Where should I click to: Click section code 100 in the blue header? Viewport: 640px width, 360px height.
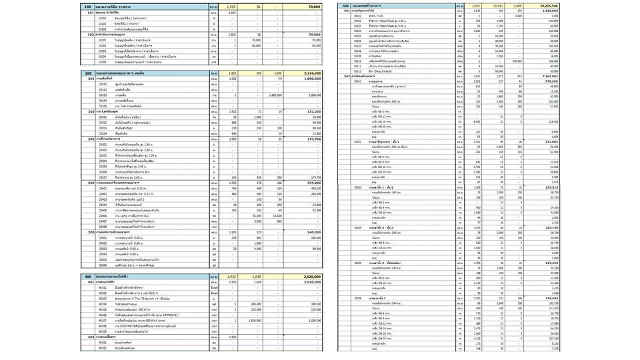[87, 6]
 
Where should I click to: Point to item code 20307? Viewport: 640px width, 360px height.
[103, 177]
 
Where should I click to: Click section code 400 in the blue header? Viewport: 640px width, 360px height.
[87, 276]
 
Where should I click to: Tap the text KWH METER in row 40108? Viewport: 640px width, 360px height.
[125, 325]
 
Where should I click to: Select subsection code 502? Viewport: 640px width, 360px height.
[347, 76]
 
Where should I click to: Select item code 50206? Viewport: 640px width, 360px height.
[358, 298]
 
